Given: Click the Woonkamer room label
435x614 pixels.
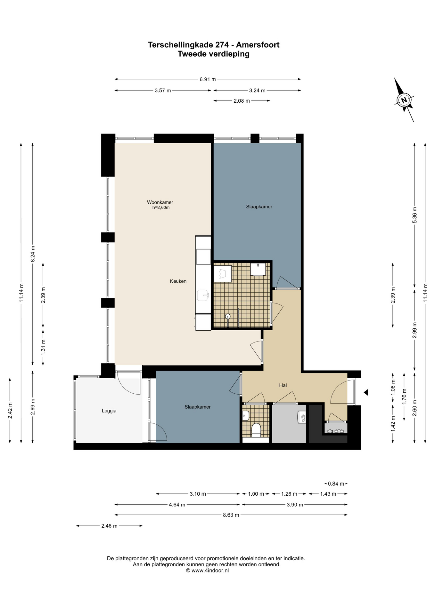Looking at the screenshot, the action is [x=160, y=202].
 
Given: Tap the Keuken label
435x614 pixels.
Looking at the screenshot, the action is [x=178, y=281].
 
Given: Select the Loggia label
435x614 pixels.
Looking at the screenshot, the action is [x=109, y=411].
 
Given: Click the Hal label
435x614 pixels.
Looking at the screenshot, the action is [x=283, y=385].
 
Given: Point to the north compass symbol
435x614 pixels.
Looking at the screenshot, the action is [x=404, y=100].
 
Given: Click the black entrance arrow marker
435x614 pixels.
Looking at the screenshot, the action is [x=365, y=392].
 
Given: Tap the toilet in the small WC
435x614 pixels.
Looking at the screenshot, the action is [x=256, y=430].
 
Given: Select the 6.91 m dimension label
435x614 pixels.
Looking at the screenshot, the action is [x=208, y=79].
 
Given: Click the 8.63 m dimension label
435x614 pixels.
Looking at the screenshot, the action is [x=231, y=515].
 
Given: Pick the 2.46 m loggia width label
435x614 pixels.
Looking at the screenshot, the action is [x=109, y=526].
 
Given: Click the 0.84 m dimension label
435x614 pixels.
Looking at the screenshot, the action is [x=336, y=484].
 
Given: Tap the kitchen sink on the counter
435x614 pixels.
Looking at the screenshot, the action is [x=203, y=295].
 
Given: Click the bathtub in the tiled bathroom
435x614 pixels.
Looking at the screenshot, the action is [x=223, y=274].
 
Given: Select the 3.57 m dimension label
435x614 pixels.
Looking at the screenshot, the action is [x=163, y=91].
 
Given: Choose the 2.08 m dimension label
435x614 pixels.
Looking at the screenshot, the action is [x=242, y=101].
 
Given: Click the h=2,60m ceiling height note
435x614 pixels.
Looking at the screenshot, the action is [x=161, y=208].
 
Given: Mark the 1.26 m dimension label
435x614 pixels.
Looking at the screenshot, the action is [x=289, y=494].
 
